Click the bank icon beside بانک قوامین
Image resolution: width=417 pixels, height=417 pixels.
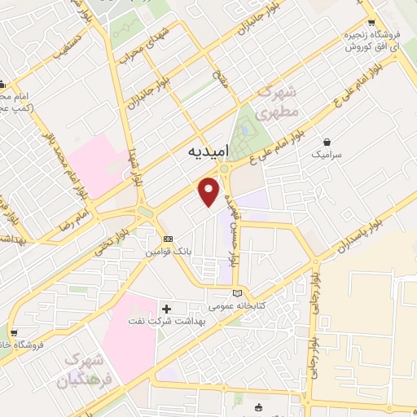(169, 239)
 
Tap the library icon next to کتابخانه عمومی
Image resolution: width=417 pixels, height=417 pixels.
(237, 293)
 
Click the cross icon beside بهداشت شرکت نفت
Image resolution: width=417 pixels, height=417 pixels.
(168, 309)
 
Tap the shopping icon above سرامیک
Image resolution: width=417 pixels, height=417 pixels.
(327, 141)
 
